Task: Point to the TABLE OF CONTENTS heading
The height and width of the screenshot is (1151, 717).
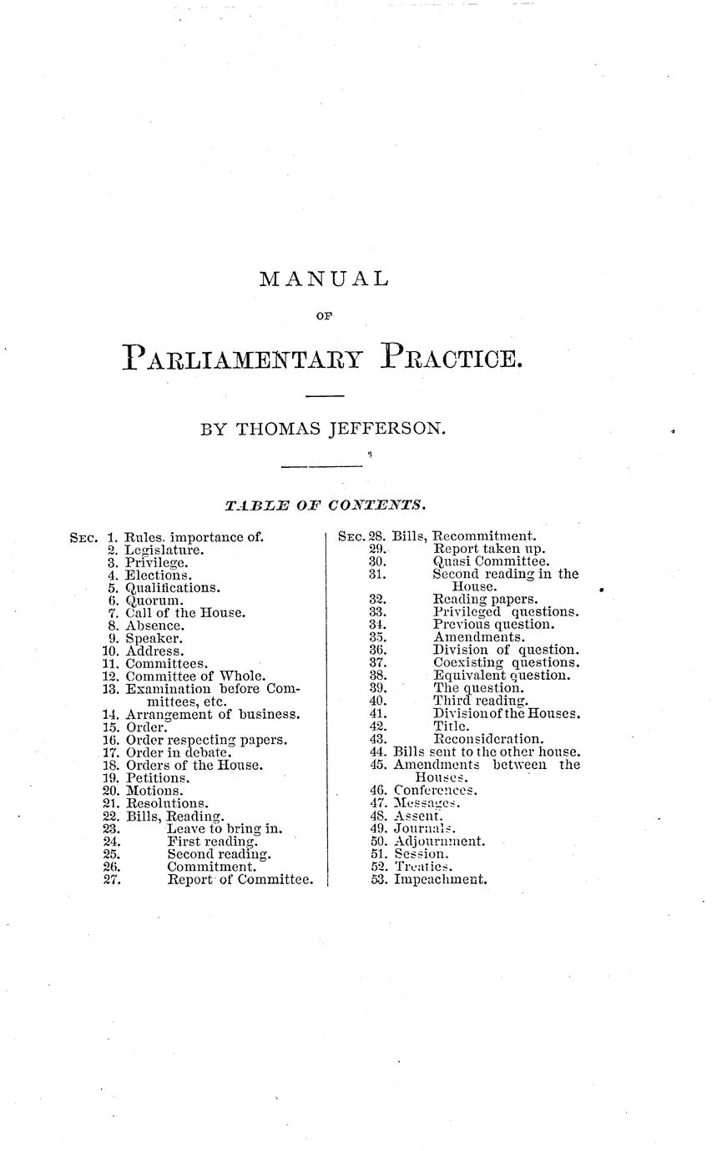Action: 326,505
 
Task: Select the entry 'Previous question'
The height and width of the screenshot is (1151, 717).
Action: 493,624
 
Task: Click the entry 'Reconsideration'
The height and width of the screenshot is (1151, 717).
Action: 488,738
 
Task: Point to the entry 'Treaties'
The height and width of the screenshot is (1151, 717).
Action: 423,867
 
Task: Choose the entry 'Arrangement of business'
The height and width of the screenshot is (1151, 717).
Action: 213,714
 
